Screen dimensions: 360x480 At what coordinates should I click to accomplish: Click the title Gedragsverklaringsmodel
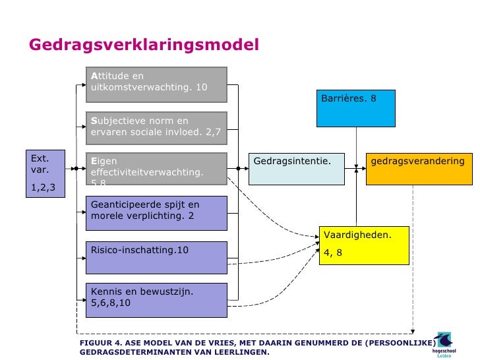144,45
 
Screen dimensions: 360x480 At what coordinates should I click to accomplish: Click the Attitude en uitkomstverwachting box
156,84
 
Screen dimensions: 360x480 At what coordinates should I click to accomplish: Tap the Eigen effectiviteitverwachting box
156,169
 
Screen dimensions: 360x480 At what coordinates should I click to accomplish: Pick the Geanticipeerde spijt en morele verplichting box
156,212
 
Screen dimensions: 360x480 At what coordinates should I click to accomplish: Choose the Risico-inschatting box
156,256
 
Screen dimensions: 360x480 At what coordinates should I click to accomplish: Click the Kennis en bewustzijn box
156,299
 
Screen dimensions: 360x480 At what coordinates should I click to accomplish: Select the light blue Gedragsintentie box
297,169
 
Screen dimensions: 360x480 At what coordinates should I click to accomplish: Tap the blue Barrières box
355,107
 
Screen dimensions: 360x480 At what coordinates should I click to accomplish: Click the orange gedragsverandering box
420,169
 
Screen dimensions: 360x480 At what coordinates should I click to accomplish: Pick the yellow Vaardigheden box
363,245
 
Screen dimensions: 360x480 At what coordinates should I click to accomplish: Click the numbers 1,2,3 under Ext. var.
44,188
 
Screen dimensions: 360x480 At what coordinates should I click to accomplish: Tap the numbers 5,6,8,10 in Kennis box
111,304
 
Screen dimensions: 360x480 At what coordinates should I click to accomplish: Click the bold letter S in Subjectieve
94,121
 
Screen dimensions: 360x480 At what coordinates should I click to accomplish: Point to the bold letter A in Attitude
94,76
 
